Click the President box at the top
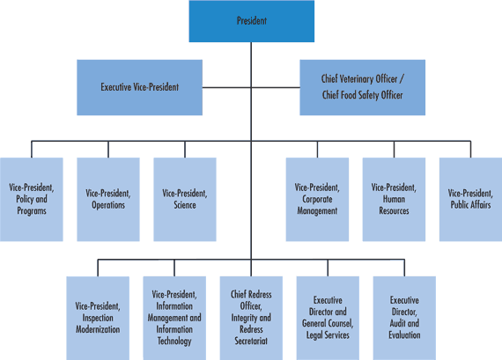[x=251, y=21]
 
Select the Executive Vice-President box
[x=140, y=88]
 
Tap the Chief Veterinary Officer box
[x=362, y=88]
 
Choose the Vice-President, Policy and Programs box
[x=31, y=199]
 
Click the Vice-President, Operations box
[x=107, y=199]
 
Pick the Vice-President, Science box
[x=184, y=199]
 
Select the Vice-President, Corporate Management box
[x=317, y=199]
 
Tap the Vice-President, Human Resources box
[x=394, y=199]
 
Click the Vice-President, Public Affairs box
[x=470, y=199]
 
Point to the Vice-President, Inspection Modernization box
[x=98, y=318]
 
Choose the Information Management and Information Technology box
[x=174, y=318]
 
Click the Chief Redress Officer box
[x=251, y=318]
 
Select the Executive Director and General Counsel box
[x=328, y=318]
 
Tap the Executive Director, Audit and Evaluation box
[x=404, y=318]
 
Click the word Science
[x=184, y=205]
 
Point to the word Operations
[x=107, y=205]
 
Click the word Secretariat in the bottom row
[x=251, y=341]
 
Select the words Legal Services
[x=328, y=334]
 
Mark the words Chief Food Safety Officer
[x=362, y=95]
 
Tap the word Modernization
[x=98, y=329]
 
